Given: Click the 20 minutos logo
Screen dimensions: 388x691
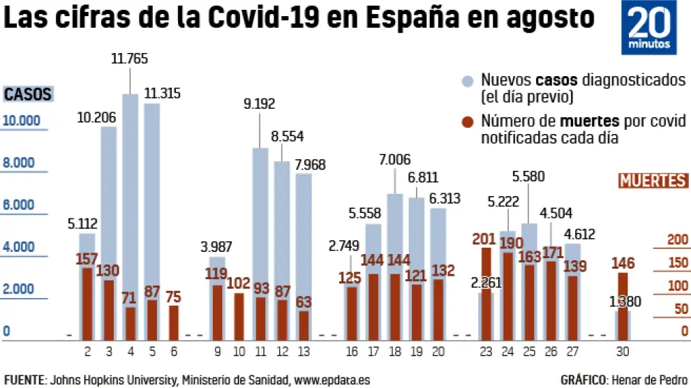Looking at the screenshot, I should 648,27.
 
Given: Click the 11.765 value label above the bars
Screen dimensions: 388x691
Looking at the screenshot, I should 130,59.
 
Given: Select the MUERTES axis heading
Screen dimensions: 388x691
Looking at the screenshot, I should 653,181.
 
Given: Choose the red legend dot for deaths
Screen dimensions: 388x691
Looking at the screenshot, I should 468,121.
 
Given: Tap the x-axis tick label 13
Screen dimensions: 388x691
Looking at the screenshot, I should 304,352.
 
